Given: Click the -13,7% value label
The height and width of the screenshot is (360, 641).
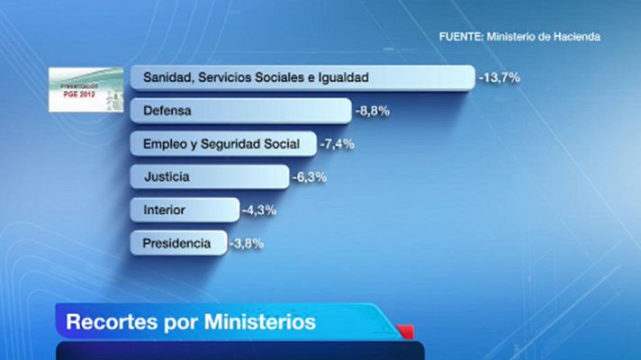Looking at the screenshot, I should click(x=500, y=78).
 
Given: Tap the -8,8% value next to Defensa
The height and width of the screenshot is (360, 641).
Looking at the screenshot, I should click(x=372, y=112).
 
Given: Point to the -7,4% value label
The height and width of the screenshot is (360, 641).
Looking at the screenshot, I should click(x=339, y=144).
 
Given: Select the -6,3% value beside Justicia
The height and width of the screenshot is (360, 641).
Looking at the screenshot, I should click(x=309, y=177).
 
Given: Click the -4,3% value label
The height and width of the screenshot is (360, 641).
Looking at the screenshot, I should click(x=258, y=211).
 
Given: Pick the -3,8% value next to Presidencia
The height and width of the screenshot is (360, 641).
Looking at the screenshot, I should click(x=246, y=243).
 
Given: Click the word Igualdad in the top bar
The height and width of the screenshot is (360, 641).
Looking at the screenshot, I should click(x=342, y=78).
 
